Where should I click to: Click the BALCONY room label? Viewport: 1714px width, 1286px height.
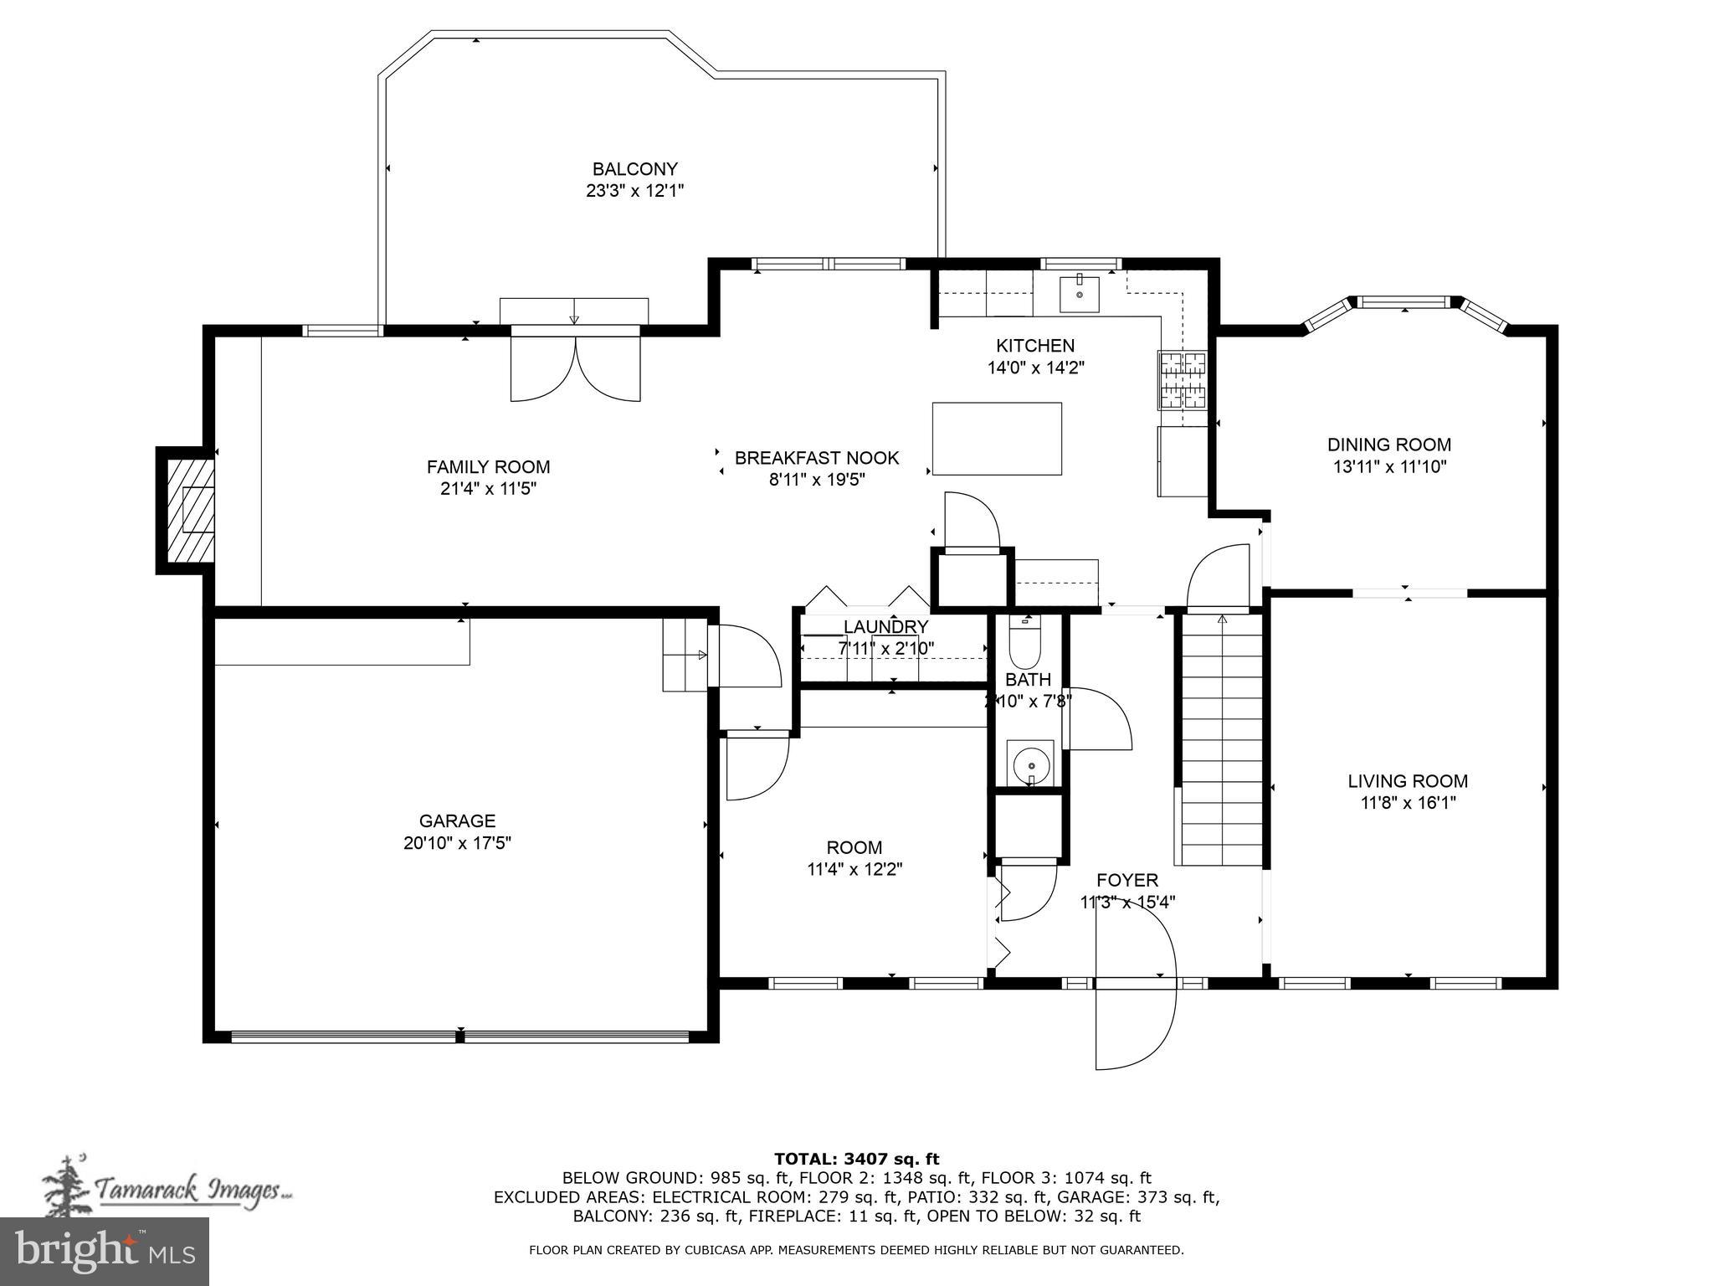click(x=634, y=169)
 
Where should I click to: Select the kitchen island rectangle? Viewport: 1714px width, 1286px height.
click(x=997, y=439)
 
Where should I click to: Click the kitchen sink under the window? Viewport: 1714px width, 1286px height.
click(x=1079, y=293)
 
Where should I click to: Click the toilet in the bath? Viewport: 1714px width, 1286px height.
click(x=1024, y=643)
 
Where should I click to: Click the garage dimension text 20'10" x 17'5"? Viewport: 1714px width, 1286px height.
click(x=457, y=843)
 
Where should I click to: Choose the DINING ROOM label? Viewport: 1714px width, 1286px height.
click(x=1388, y=445)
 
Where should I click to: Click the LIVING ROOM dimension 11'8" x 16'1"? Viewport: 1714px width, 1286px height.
click(x=1408, y=803)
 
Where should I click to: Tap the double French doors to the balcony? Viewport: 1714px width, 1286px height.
click(x=575, y=368)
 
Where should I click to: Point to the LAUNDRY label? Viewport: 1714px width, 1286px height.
click(x=885, y=627)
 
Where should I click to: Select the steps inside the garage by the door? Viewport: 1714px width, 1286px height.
click(x=685, y=655)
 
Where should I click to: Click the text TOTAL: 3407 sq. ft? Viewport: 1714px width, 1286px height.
click(x=856, y=1159)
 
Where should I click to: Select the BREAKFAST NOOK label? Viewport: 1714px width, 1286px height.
click(x=816, y=458)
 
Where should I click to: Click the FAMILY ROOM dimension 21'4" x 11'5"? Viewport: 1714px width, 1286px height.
click(x=488, y=489)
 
